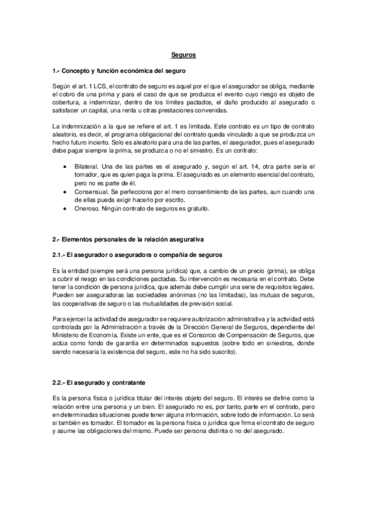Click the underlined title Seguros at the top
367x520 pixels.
point(183,55)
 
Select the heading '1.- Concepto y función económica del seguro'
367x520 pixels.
point(115,72)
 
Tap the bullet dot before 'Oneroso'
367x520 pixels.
point(65,209)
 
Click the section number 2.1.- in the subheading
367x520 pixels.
point(62,254)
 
